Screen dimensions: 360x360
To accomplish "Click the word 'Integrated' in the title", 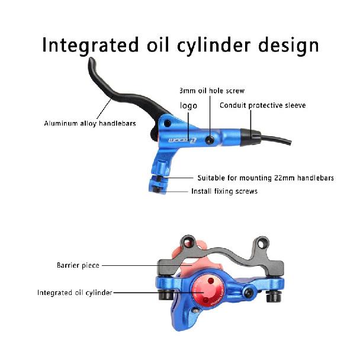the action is pyautogui.click(x=91, y=45).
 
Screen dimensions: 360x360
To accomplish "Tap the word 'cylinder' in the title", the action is pyautogui.click(x=214, y=45).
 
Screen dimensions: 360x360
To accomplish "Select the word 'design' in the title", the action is pyautogui.click(x=288, y=45).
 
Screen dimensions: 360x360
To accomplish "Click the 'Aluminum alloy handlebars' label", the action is pyautogui.click(x=90, y=123).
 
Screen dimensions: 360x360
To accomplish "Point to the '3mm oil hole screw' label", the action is pyautogui.click(x=212, y=91).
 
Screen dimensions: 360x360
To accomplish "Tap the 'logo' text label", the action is pyautogui.click(x=188, y=105).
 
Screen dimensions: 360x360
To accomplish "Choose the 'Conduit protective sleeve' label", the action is pyautogui.click(x=263, y=105).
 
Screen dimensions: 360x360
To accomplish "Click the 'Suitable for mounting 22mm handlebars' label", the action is pyautogui.click(x=266, y=178).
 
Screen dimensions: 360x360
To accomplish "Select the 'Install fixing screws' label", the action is pyautogui.click(x=224, y=191).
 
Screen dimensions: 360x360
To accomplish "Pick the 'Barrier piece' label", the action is pyautogui.click(x=78, y=265).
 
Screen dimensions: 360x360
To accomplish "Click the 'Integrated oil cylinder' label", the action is pyautogui.click(x=75, y=292).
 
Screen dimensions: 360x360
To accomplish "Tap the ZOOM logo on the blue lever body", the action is pyautogui.click(x=182, y=140).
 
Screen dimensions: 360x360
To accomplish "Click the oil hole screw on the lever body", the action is pyautogui.click(x=210, y=140).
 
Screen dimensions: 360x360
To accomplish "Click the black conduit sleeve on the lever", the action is pyautogui.click(x=250, y=137).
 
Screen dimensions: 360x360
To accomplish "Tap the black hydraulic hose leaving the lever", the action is pyautogui.click(x=275, y=139).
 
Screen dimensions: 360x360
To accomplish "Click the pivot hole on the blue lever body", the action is pyautogui.click(x=168, y=123).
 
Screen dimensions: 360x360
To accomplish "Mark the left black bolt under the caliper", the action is pyautogui.click(x=166, y=295).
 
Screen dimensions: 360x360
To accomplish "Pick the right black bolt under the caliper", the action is pyautogui.click(x=274, y=297).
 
